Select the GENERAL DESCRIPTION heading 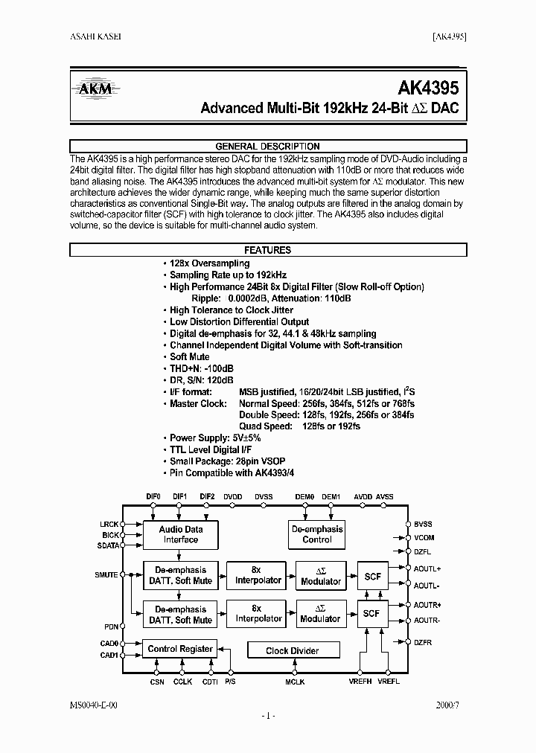267,147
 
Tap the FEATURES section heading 267,251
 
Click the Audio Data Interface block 181,534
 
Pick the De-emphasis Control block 317,534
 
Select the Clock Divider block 293,650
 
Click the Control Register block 181,649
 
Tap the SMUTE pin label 106,574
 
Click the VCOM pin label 424,537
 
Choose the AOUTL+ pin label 427,568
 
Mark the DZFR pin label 424,642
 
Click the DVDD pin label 233,496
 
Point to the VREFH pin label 366,681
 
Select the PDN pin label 111,627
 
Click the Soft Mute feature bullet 189,356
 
